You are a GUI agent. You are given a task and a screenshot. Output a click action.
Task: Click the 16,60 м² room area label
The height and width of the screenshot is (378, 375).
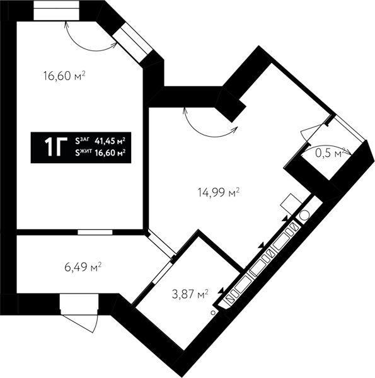pos(64,76)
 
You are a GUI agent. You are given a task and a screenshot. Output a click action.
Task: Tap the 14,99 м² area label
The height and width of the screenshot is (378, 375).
pos(219,192)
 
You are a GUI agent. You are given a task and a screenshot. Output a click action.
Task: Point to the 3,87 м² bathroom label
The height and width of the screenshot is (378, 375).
pos(190,294)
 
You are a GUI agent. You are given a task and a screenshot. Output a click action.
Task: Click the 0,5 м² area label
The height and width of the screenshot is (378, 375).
pos(330,153)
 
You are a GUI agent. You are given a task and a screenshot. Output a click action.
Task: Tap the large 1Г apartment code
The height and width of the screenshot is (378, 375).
pos(55,147)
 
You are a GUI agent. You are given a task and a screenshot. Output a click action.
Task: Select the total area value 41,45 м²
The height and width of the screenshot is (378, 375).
pos(110,141)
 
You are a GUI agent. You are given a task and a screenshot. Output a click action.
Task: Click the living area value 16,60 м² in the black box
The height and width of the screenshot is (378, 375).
pos(110,153)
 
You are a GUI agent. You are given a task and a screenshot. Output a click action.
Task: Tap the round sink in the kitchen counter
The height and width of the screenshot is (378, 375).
pos(304,215)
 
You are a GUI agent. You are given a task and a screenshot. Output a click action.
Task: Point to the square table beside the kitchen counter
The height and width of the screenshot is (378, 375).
pos(291,204)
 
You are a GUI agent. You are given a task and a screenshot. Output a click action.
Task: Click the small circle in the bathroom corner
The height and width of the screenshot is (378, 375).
pos(213,312)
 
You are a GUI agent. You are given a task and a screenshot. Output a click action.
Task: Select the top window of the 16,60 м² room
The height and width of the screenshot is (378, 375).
pos(56,11)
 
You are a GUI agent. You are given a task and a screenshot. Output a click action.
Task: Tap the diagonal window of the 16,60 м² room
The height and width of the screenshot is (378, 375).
pos(132,43)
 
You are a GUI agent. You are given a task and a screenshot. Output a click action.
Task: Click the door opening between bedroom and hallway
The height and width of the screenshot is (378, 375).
pos(95,232)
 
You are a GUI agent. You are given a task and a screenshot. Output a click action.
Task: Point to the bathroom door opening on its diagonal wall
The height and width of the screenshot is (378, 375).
pos(163,272)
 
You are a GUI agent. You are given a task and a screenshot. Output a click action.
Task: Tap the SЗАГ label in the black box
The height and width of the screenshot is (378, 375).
pos(82,140)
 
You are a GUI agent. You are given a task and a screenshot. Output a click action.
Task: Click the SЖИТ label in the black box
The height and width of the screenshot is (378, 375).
pos(83,152)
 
